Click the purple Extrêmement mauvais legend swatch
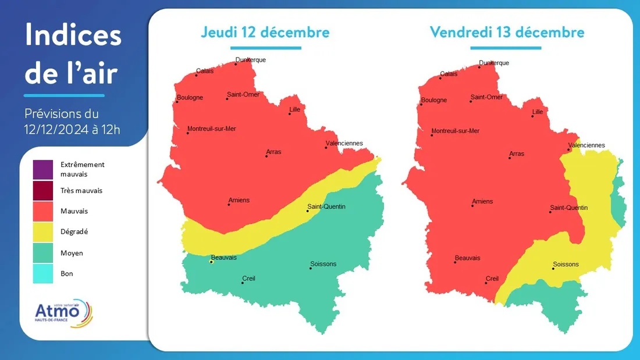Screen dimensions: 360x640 [42, 169]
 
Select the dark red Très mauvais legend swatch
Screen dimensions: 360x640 [42, 190]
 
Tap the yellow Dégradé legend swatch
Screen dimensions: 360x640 [42, 231]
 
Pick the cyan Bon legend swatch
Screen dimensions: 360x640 [42, 273]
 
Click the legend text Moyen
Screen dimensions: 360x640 [72, 253]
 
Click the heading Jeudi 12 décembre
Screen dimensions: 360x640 [265, 31]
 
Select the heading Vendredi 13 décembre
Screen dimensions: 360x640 [507, 31]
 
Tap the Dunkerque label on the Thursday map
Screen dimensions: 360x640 [250, 60]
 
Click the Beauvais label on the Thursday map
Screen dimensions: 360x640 [224, 257]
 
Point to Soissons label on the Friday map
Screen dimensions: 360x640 [566, 264]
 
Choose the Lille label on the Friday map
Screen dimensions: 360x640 [538, 112]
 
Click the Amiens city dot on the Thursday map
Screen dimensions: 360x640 [229, 205]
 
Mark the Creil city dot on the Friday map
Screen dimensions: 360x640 [486, 283]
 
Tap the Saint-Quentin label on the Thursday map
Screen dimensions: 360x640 [326, 206]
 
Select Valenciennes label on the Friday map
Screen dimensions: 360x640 [586, 145]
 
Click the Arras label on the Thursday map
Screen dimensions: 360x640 [273, 152]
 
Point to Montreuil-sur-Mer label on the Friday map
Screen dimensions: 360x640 [456, 131]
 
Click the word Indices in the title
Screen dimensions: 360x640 [73, 36]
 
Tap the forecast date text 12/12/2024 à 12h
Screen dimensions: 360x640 [72, 129]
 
